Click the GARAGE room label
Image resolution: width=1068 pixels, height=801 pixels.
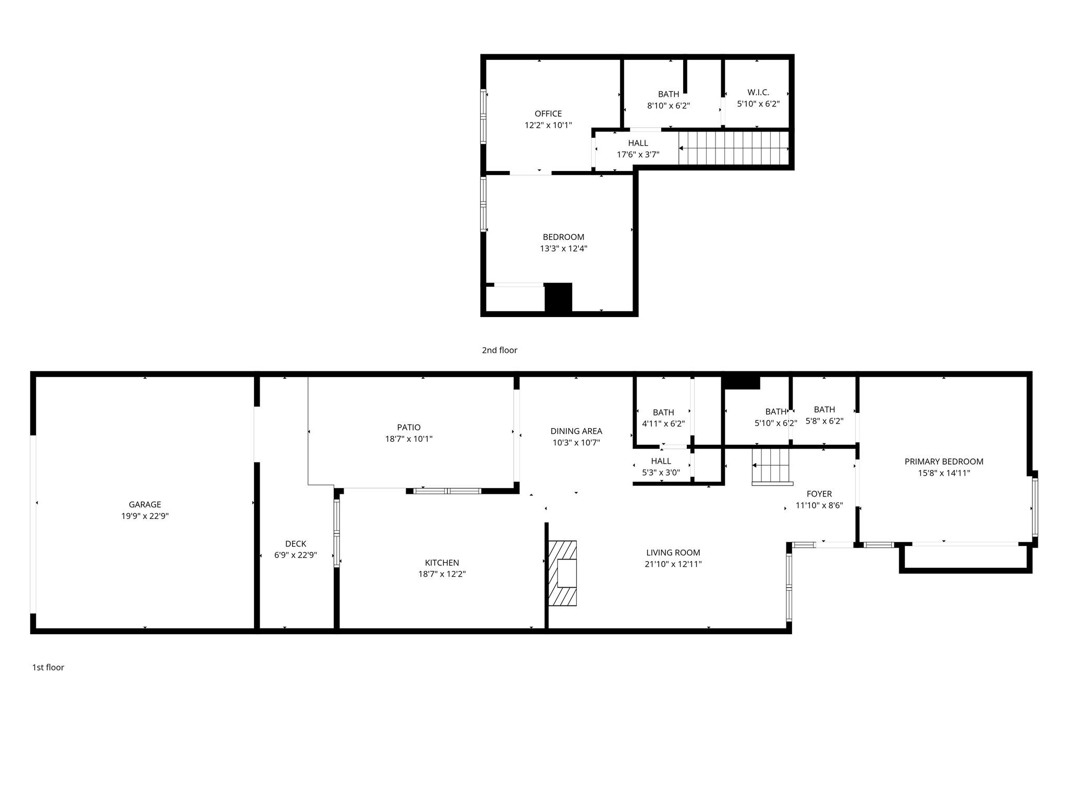point(145,504)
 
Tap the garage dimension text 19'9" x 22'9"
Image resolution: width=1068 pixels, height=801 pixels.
point(145,516)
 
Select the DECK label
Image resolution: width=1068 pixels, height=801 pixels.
point(296,544)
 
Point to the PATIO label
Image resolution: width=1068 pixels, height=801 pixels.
point(409,428)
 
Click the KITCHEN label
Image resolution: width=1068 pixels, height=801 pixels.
point(442,563)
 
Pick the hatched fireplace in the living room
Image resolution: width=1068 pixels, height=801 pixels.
point(562,573)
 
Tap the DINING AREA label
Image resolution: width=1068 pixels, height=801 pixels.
point(576,431)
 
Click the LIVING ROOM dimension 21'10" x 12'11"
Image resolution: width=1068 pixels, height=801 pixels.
point(673,564)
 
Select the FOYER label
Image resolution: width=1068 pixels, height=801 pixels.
point(819,494)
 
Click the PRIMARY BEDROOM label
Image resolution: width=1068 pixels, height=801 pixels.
point(944,462)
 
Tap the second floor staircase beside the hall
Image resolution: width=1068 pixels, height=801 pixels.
point(734,148)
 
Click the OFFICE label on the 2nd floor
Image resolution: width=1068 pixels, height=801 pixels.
point(548,114)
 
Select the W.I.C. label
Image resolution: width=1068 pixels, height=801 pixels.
point(758,92)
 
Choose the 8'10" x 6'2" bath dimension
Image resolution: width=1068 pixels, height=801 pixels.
point(669,105)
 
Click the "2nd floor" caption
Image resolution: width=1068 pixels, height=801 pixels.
point(500,350)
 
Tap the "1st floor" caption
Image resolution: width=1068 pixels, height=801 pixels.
point(48,667)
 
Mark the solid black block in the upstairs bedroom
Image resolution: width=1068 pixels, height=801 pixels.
point(559,298)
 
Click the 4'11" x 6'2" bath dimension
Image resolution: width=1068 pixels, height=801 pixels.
point(663,424)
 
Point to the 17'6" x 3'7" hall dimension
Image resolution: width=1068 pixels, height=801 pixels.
point(638,154)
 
